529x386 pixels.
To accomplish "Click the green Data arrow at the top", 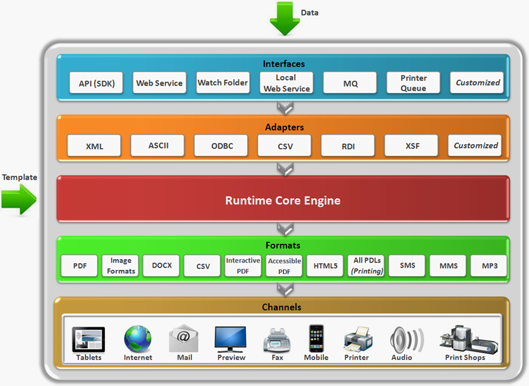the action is (x=284, y=19).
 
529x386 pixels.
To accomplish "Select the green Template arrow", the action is (x=19, y=199).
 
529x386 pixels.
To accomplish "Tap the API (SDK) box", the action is (x=96, y=82).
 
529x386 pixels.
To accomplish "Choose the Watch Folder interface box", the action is (x=223, y=82).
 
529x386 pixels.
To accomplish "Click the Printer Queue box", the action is (x=413, y=82).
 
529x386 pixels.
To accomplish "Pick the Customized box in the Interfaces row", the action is (x=477, y=82).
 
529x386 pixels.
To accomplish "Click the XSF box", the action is (x=411, y=145).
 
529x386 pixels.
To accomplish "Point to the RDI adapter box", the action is (x=348, y=145).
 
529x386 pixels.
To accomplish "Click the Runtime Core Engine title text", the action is (x=283, y=200).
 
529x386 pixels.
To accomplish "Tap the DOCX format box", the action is (x=162, y=266).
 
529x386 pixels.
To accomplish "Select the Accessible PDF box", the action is (x=284, y=266).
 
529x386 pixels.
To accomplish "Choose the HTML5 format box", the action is (x=325, y=266).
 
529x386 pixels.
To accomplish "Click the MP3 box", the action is (x=489, y=266).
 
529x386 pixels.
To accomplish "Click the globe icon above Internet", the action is (x=138, y=339).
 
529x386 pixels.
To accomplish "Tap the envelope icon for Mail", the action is (x=183, y=338).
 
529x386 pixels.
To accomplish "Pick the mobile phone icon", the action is (x=317, y=338).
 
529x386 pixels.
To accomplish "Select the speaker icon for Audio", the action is (x=407, y=340).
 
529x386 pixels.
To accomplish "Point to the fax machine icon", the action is (x=277, y=340).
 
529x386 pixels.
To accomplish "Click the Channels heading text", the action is (x=282, y=307).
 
